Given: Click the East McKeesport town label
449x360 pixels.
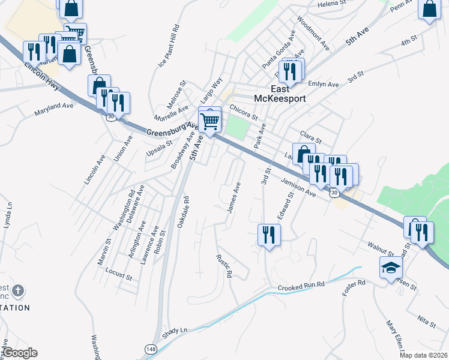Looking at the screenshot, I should [280, 93].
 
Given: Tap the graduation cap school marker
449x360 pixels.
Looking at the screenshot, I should [391, 268].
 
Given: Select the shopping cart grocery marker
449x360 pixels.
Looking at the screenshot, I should [209, 121].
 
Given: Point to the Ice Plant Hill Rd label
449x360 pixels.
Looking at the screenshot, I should [169, 46].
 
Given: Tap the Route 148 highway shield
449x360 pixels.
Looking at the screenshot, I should [150, 349].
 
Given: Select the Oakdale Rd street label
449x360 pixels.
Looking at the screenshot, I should [182, 211].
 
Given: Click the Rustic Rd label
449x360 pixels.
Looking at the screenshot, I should [224, 265].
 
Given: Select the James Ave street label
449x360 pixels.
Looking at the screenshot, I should [234, 197].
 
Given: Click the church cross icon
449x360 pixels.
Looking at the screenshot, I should [19, 291].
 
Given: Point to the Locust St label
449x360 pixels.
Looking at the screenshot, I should [118, 275].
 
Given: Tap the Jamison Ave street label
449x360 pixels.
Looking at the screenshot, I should [297, 188].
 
